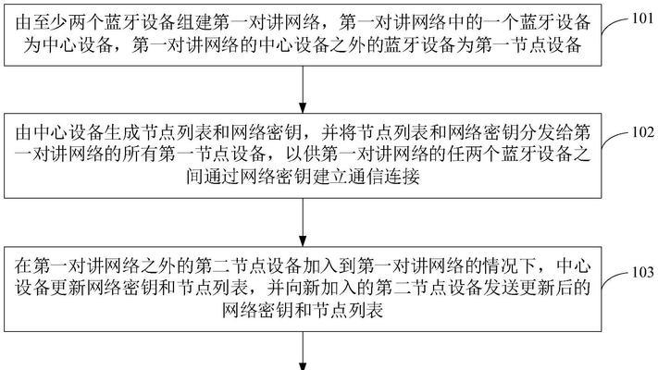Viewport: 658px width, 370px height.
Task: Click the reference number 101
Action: [x=643, y=18]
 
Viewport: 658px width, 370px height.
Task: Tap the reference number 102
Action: [x=643, y=132]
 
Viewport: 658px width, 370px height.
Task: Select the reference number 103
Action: [x=643, y=272]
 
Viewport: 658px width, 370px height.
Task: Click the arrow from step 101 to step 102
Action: [x=303, y=90]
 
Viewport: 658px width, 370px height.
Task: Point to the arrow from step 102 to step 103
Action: [x=303, y=222]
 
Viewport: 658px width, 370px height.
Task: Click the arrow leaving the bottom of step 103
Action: [x=303, y=351]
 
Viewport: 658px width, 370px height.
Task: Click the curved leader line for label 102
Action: [x=615, y=139]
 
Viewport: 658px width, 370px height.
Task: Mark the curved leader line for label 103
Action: [x=615, y=278]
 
